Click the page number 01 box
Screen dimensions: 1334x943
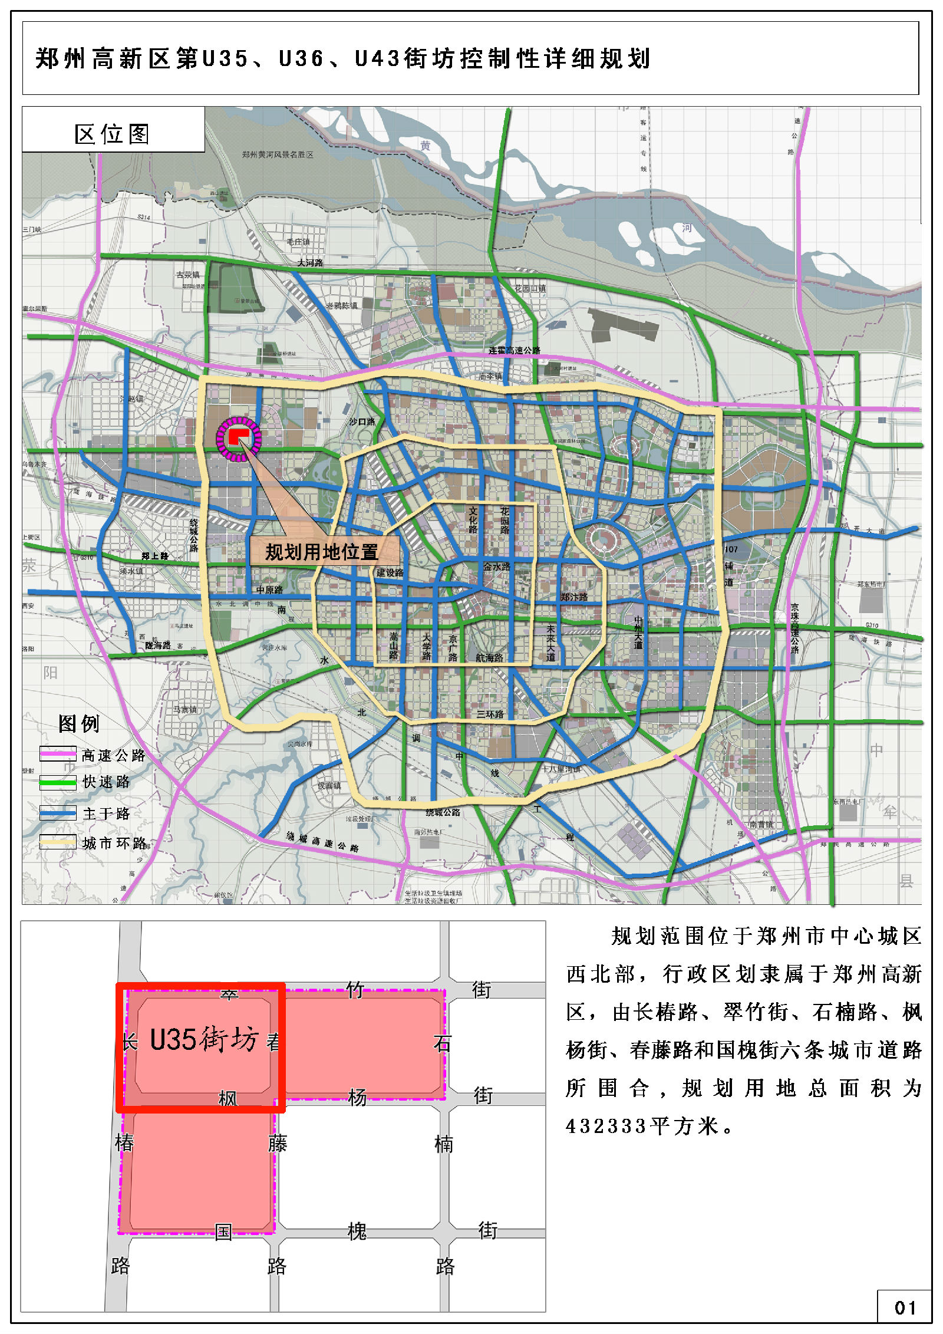point(904,1308)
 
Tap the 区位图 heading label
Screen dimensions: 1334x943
point(112,134)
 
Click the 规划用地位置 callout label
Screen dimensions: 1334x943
point(322,552)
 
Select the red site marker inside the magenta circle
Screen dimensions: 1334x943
point(238,436)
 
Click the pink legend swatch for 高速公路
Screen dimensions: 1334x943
point(58,754)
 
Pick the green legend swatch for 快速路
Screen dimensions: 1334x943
point(58,782)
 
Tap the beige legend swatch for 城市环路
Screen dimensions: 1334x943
point(58,842)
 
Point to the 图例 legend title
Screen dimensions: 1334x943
point(79,723)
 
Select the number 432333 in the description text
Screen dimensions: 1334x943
point(606,1127)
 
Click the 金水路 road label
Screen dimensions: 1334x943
point(496,566)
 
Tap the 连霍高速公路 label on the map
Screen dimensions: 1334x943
point(514,350)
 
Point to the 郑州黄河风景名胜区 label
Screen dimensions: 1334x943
point(278,154)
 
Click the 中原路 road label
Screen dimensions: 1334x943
point(269,589)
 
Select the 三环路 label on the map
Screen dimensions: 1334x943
point(490,714)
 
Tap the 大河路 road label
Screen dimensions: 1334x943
point(310,262)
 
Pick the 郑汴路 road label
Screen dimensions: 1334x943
point(574,597)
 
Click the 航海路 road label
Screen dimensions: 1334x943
point(489,657)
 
